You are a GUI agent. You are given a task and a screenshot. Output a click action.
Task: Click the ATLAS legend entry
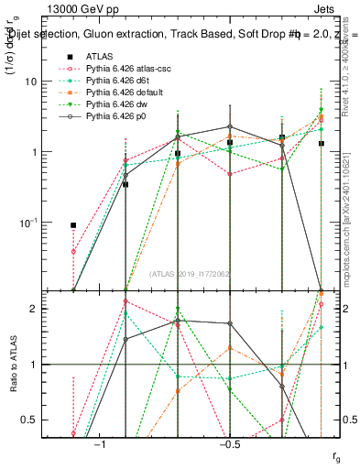tap(100, 56)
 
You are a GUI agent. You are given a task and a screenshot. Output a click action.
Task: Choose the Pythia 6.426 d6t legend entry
tap(116, 80)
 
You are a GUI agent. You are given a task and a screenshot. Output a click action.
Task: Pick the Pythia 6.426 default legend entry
tap(121, 92)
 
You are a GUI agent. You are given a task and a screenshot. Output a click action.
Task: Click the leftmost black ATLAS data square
tap(73, 224)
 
